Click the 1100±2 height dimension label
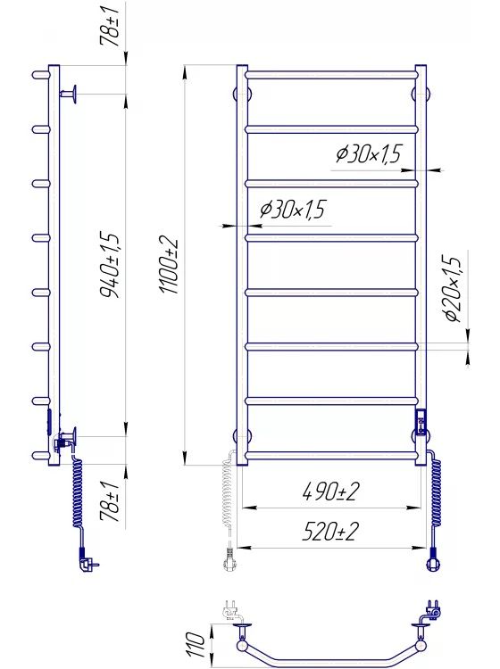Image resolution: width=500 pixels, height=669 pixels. (170, 266)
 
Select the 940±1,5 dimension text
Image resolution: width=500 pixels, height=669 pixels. (110, 265)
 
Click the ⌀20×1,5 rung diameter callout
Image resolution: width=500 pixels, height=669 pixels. (452, 288)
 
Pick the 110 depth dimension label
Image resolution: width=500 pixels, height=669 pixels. (196, 644)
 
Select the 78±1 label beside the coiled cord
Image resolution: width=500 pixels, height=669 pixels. (109, 502)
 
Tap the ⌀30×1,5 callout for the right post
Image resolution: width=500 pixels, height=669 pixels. (369, 154)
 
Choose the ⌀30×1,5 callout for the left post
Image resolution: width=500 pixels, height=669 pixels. (293, 209)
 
